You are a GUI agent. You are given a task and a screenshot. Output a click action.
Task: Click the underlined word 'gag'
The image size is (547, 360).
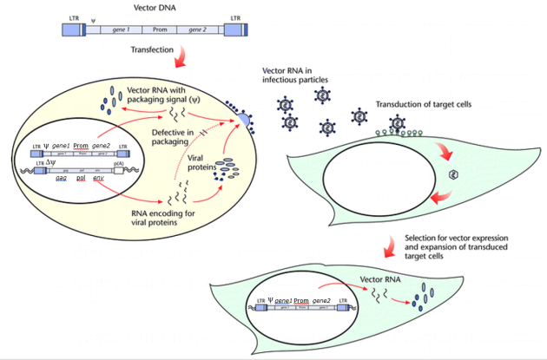(x=62, y=177)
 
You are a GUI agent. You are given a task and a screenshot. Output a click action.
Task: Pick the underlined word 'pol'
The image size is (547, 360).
(x=86, y=177)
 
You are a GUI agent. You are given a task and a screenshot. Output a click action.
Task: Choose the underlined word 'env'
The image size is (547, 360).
(x=110, y=177)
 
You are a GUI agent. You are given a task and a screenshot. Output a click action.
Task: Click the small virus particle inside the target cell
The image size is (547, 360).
(x=451, y=174)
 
